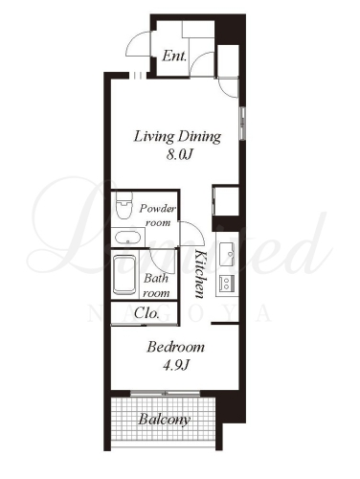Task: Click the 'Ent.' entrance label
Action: tap(174, 57)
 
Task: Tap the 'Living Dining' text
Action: tap(177, 137)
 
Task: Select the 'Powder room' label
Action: tap(158, 216)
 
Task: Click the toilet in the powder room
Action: tap(124, 205)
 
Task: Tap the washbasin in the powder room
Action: tap(127, 238)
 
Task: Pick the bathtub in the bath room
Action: tap(124, 275)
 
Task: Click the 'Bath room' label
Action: tap(156, 285)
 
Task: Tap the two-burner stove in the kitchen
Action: tap(227, 283)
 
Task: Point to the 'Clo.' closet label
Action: tap(146, 313)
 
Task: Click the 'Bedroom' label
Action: tap(175, 347)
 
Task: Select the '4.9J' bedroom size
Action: tap(176, 365)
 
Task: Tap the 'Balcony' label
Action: tap(165, 420)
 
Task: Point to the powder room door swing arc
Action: tap(198, 229)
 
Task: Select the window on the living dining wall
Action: tap(242, 124)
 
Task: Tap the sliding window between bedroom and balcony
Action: tap(165, 394)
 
